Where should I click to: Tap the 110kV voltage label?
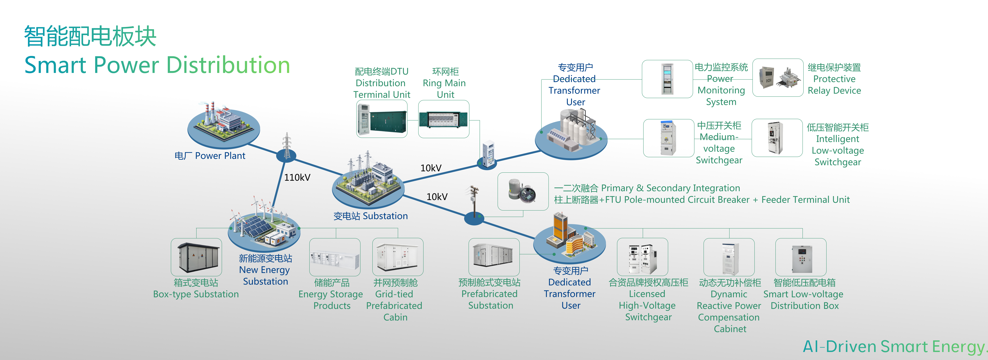click(x=297, y=178)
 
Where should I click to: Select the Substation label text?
click(x=370, y=216)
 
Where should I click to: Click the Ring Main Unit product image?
click(x=443, y=119)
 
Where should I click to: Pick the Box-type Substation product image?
click(x=196, y=257)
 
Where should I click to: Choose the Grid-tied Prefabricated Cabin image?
click(x=398, y=257)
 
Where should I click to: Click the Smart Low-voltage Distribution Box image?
click(x=801, y=257)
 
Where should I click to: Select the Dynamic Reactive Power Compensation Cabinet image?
click(x=729, y=257)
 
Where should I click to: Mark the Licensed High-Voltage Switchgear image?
click(x=642, y=257)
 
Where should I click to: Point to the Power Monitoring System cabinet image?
click(x=667, y=79)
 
